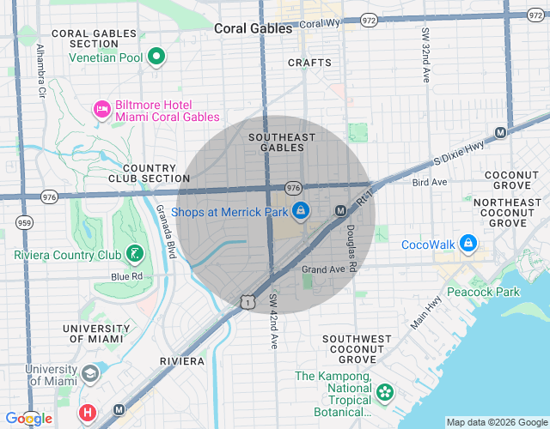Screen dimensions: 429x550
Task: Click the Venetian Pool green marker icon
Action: pyautogui.click(x=156, y=57)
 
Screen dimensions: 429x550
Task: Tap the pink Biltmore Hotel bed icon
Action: pyautogui.click(x=101, y=109)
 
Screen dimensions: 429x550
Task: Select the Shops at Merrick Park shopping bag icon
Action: pyautogui.click(x=300, y=210)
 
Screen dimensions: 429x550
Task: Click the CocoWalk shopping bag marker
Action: pyautogui.click(x=468, y=245)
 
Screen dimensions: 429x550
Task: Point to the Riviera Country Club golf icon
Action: pyautogui.click(x=134, y=254)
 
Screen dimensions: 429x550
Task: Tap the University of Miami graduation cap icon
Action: pyautogui.click(x=90, y=375)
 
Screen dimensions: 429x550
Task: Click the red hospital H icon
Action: pyautogui.click(x=87, y=413)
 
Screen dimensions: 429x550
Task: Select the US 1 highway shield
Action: pyautogui.click(x=247, y=301)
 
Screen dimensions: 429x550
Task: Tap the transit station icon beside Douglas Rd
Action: pyautogui.click(x=340, y=210)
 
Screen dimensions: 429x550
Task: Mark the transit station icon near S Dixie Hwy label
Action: pyautogui.click(x=500, y=133)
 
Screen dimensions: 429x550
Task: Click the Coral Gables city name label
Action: pyautogui.click(x=254, y=28)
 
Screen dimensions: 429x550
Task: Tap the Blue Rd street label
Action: pyautogui.click(x=125, y=276)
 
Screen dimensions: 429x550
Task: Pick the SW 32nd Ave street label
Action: pyautogui.click(x=425, y=54)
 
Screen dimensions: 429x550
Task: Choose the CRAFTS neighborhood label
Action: pyautogui.click(x=309, y=63)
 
